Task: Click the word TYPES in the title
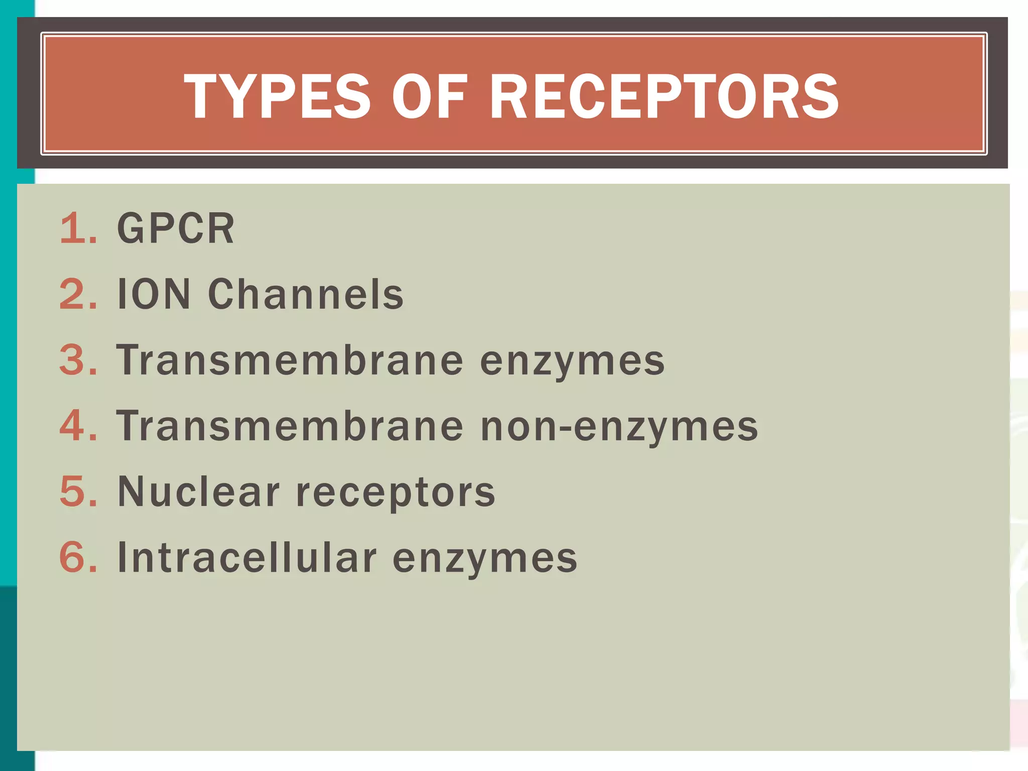click(277, 96)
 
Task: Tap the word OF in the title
click(430, 96)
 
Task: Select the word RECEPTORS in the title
click(663, 96)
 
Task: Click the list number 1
click(78, 229)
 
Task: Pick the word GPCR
click(176, 229)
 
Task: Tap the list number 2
click(78, 295)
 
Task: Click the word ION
click(154, 295)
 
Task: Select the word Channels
click(306, 295)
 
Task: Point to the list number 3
click(78, 360)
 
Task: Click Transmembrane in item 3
click(290, 360)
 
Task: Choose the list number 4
click(78, 426)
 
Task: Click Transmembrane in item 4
click(290, 426)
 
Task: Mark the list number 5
click(78, 492)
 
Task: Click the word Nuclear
click(198, 492)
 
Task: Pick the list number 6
click(78, 558)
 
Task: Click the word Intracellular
click(246, 558)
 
